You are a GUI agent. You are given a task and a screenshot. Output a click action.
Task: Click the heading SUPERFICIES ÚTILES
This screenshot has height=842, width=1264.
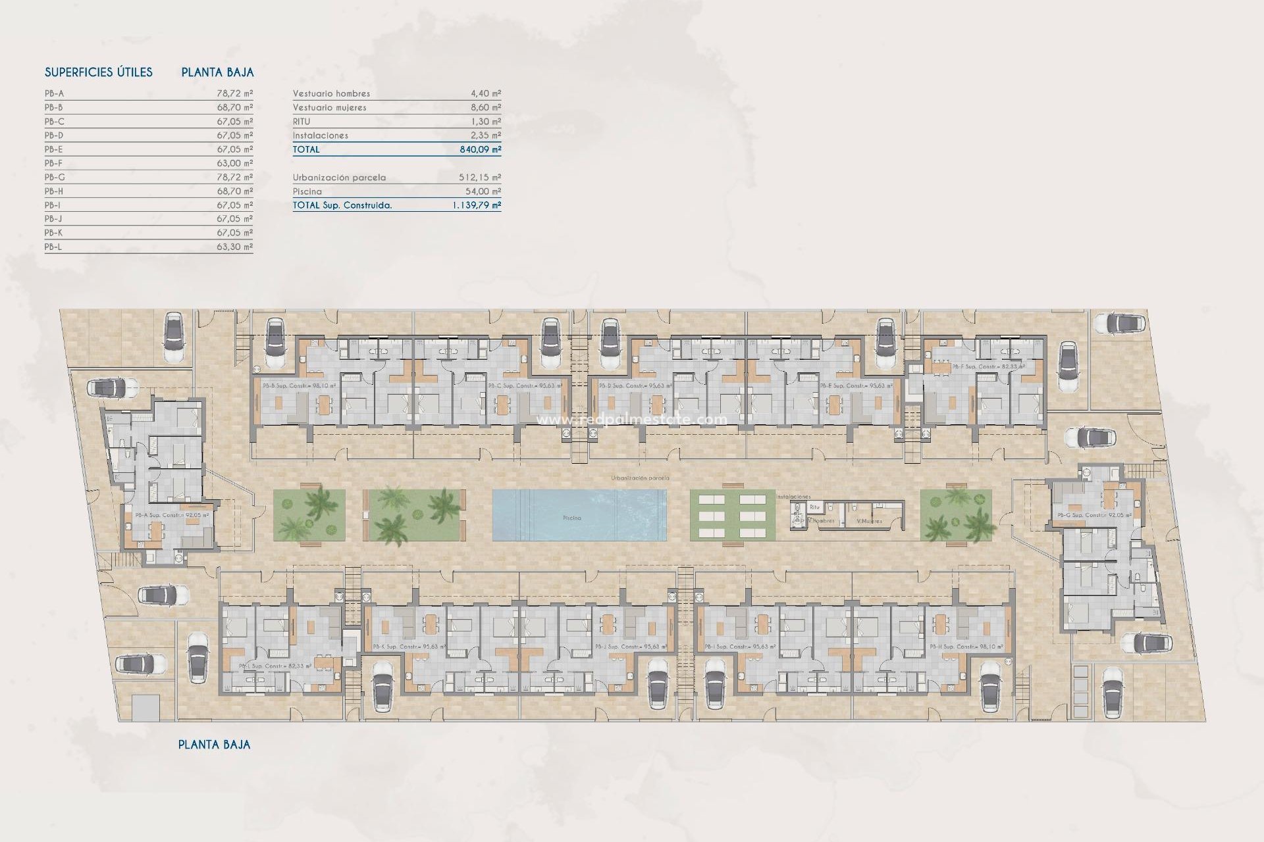click(98, 72)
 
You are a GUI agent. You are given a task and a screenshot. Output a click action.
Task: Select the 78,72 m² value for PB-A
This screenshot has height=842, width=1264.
click(234, 93)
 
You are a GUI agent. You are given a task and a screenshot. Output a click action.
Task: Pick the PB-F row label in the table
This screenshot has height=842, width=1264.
click(54, 163)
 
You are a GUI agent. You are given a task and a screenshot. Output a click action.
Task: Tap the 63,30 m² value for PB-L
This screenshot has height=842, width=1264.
click(234, 247)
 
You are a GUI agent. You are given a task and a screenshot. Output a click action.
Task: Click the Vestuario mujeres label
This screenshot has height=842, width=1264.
click(329, 107)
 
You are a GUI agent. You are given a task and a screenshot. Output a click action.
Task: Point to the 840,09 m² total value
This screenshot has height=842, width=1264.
click(480, 149)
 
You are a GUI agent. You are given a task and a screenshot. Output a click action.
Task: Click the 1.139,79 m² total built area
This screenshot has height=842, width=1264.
click(476, 205)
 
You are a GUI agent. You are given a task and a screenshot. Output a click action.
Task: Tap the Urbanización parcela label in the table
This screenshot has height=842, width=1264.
click(339, 178)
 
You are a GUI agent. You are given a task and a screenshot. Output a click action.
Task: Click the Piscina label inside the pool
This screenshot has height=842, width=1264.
click(571, 518)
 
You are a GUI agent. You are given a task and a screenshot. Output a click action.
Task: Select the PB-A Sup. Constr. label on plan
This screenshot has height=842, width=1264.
click(172, 515)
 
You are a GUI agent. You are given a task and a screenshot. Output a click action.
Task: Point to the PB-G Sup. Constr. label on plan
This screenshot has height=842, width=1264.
click(1093, 515)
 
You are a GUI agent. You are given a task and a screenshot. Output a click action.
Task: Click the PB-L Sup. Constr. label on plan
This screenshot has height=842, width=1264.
click(275, 666)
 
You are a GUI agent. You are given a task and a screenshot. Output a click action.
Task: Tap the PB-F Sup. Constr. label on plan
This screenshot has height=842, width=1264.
click(988, 366)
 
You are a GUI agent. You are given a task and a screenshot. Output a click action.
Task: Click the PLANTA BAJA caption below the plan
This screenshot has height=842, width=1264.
click(214, 745)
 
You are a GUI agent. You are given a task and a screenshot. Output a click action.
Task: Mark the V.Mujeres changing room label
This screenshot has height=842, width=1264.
click(868, 521)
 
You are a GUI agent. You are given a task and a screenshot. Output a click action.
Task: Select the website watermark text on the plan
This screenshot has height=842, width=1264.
click(632, 420)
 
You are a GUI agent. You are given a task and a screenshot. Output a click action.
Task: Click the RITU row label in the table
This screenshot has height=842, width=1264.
click(302, 122)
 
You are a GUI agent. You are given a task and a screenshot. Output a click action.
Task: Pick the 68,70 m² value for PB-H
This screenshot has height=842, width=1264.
click(234, 191)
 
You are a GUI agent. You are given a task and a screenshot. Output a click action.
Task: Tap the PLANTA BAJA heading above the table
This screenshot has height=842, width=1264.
click(217, 72)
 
